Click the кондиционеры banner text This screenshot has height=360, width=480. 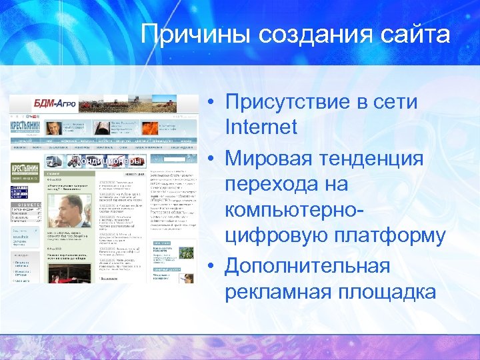tap(109, 161)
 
